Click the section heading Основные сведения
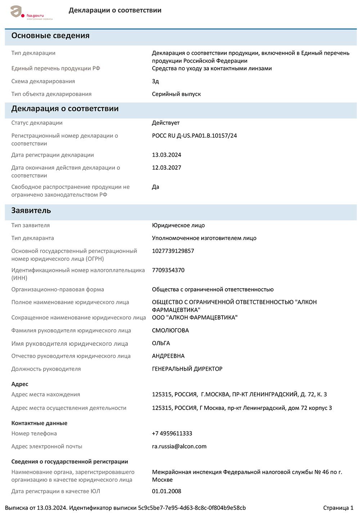(x=50, y=36)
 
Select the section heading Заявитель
(x=31, y=211)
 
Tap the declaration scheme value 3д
(x=156, y=81)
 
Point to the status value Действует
(x=166, y=123)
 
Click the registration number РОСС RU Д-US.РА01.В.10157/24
(x=194, y=136)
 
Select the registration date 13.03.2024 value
(x=166, y=155)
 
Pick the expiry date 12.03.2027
(x=166, y=168)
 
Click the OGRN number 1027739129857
(x=173, y=251)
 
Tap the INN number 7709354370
(x=168, y=270)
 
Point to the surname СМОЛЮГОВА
(x=170, y=330)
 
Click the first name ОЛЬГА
(x=161, y=343)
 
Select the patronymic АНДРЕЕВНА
(x=168, y=356)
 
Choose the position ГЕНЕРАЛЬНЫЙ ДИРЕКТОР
(x=187, y=369)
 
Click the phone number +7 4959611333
(x=172, y=433)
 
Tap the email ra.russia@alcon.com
(x=179, y=446)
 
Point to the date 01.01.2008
(x=166, y=491)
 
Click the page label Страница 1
(x=338, y=508)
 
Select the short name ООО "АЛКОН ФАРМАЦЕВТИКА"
(x=195, y=317)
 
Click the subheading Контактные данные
(x=39, y=423)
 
